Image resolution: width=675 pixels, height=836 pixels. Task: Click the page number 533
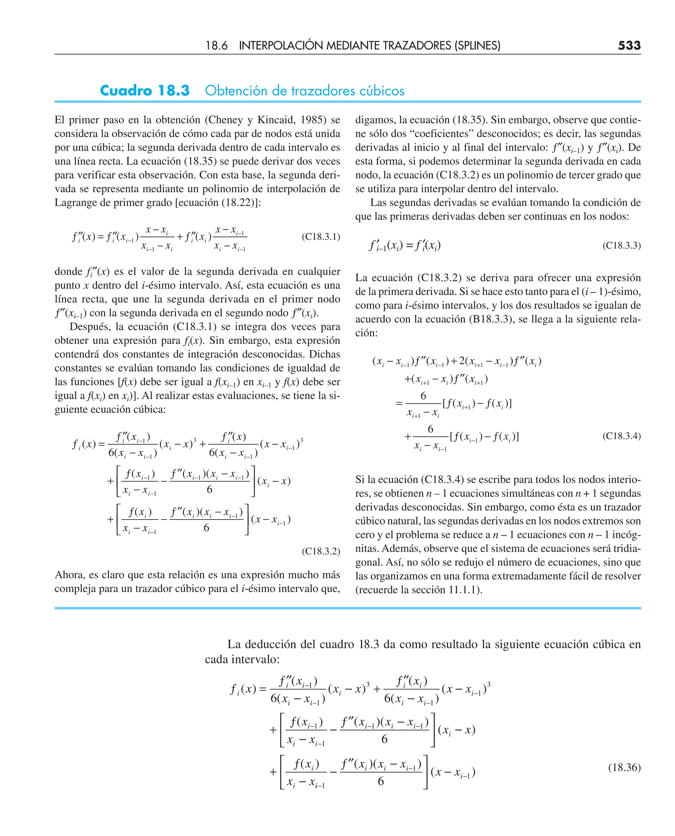(629, 46)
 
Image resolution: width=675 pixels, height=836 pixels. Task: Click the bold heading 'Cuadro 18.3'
(145, 91)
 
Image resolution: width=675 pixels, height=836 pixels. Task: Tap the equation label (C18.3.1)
(321, 237)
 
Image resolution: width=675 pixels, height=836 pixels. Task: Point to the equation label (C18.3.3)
(621, 245)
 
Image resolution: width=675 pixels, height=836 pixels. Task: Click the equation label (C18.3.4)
(621, 436)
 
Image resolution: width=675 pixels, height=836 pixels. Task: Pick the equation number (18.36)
(624, 767)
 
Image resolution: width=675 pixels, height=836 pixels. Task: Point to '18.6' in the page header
(216, 46)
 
